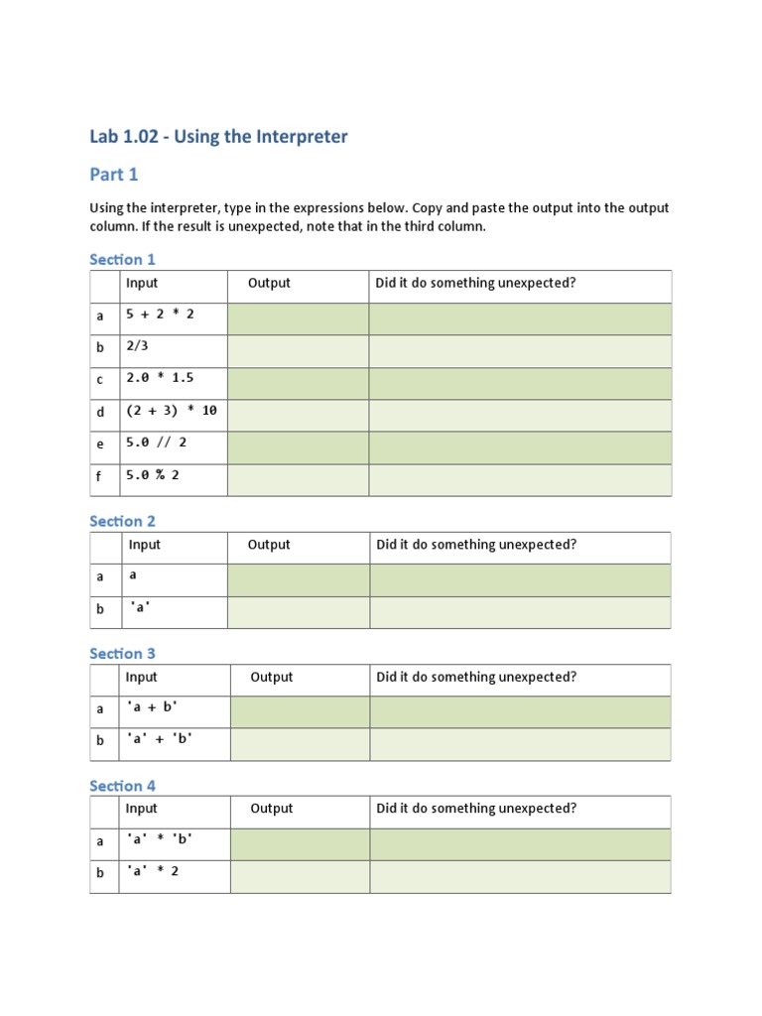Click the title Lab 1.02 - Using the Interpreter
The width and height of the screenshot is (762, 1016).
click(218, 137)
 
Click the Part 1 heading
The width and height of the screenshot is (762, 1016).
click(114, 175)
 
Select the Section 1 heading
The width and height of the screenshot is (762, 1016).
click(122, 259)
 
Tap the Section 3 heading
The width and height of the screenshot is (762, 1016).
click(122, 653)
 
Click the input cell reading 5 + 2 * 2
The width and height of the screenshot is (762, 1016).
click(159, 315)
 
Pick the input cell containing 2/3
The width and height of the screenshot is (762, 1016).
click(137, 346)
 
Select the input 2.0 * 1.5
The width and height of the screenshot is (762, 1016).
click(160, 378)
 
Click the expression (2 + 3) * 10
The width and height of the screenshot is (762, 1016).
click(171, 411)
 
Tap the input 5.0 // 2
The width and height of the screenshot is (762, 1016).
click(156, 443)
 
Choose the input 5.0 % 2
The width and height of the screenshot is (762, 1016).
click(152, 475)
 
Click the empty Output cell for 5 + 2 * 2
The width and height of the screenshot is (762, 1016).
click(298, 318)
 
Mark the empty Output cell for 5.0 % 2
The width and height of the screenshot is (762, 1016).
click(298, 479)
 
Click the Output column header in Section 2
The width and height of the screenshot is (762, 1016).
click(269, 545)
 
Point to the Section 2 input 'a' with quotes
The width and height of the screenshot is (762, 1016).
click(139, 608)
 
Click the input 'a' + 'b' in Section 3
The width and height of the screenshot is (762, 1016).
click(159, 739)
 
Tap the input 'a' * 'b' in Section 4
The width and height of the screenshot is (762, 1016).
click(159, 839)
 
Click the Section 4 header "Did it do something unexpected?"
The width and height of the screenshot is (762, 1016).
click(476, 809)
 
